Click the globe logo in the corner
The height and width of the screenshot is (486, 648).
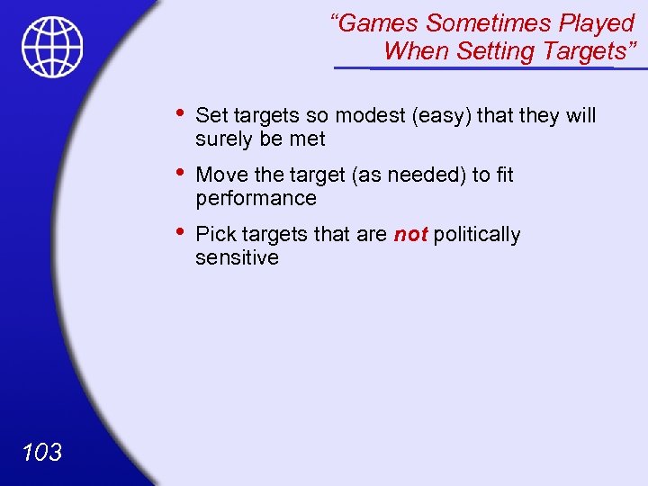[53, 47]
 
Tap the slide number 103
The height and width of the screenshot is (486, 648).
[40, 451]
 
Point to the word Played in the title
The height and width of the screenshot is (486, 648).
[595, 22]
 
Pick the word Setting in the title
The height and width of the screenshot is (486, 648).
[496, 51]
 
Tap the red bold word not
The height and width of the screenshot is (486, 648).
[410, 235]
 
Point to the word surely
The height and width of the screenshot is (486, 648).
[224, 139]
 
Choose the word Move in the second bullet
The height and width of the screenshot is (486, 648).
[220, 175]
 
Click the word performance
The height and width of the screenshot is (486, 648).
[256, 198]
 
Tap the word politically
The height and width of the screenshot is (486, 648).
[477, 235]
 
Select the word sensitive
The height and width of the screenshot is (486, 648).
[237, 257]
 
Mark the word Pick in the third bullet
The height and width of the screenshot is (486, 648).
[212, 235]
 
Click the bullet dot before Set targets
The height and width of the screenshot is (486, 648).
[181, 113]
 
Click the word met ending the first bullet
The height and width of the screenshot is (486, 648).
[308, 139]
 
